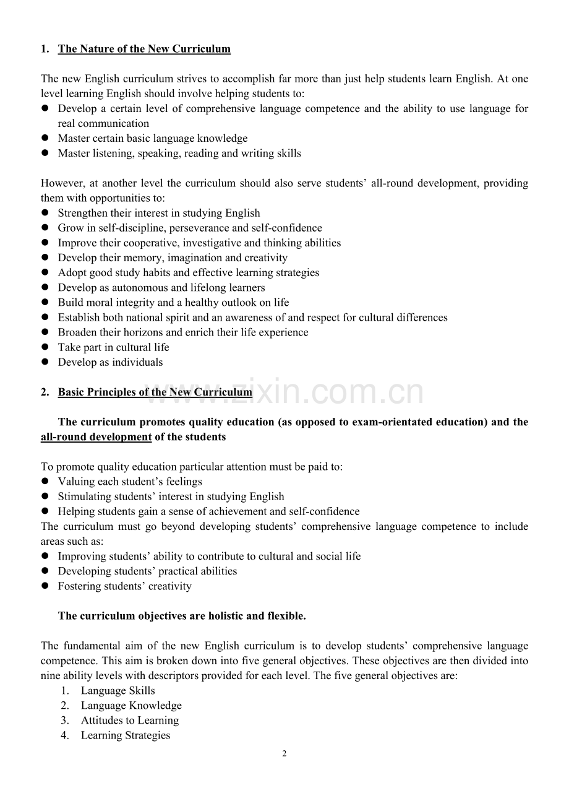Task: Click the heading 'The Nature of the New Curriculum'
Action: click(144, 50)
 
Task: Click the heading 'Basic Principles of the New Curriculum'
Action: click(155, 392)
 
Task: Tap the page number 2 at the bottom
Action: click(284, 754)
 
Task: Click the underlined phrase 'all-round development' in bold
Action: click(96, 437)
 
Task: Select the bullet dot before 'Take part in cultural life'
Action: click(45, 347)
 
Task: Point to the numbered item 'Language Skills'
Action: click(118, 691)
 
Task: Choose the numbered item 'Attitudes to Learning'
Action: click(130, 721)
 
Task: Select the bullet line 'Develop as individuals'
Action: click(110, 362)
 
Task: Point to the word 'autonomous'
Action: click(140, 288)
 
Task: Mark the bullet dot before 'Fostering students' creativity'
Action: click(45, 586)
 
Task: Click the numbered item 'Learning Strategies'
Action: click(126, 735)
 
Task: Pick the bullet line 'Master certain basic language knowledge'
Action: click(153, 139)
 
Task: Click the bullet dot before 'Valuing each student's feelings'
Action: click(45, 482)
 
